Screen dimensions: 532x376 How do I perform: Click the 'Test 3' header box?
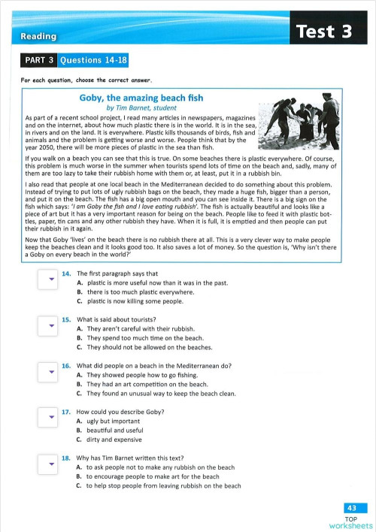[324, 32]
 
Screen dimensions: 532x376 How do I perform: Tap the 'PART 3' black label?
[38, 61]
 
